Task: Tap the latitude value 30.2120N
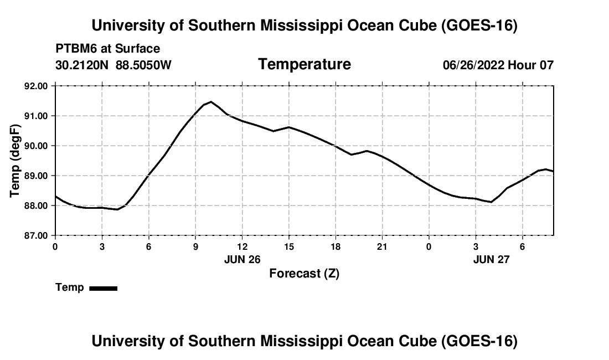point(82,65)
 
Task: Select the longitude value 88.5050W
point(143,65)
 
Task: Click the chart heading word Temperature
point(304,64)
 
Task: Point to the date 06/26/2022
point(473,65)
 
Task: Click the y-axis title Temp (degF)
point(15,161)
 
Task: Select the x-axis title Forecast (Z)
point(304,274)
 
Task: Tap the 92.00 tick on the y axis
point(36,86)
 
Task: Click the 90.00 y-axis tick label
point(36,146)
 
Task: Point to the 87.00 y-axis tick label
point(36,235)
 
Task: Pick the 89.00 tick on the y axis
point(36,176)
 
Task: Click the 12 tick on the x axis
point(242,246)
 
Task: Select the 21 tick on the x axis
point(383,246)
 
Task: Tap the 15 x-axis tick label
point(289,246)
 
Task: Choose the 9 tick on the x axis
point(195,246)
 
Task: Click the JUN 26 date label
point(242,259)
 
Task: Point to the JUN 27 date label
point(491,259)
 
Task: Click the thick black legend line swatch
point(104,288)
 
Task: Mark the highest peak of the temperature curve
point(211,102)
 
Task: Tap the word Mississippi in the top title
point(301,25)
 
